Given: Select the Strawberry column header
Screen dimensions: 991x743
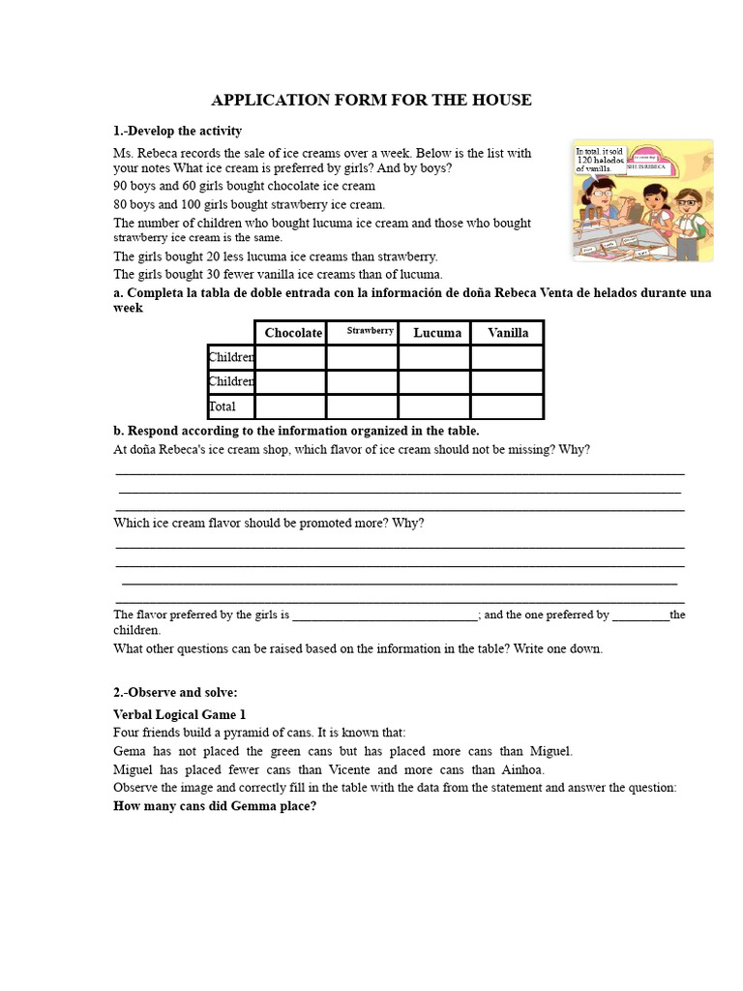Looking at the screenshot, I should tap(371, 331).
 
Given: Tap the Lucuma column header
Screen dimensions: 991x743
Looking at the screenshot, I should tap(437, 333).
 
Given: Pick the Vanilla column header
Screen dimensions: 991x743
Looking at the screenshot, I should tap(508, 333).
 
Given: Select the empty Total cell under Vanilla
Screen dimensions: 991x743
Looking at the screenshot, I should tap(507, 406).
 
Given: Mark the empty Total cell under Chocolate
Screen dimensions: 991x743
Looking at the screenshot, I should tap(290, 406).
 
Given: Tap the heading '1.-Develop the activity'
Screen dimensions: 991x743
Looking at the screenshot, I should tap(178, 131).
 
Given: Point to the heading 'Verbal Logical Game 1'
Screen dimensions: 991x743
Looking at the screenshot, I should tap(179, 714).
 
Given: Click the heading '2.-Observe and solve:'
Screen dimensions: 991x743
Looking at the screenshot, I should tap(175, 692).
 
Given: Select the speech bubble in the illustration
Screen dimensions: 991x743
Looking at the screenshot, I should tap(600, 160).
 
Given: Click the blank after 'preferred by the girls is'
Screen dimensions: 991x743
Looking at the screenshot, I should tap(384, 616).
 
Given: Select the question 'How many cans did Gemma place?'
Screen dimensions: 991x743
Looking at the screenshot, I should tap(215, 806).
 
